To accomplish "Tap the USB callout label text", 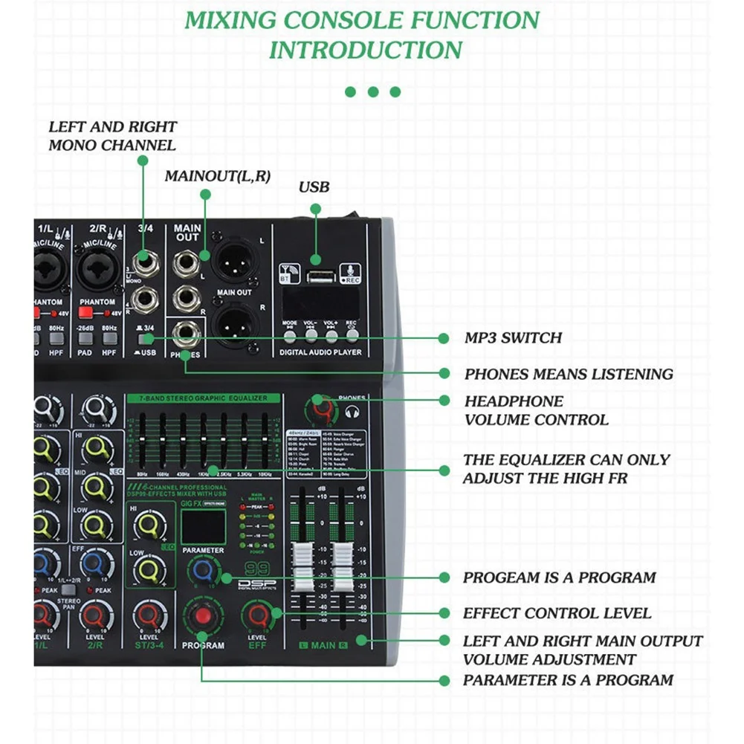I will (314, 187).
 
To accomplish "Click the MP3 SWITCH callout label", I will (513, 338).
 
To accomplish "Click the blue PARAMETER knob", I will (201, 572).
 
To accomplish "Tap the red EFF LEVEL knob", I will (258, 615).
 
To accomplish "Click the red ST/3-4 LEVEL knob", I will (148, 615).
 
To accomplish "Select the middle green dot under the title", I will (373, 92).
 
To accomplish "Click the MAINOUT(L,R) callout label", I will (218, 176).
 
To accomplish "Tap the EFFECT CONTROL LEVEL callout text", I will (557, 613).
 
